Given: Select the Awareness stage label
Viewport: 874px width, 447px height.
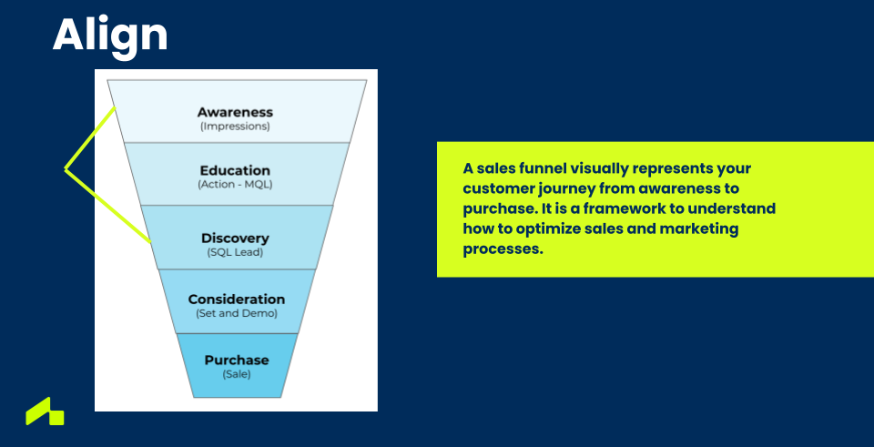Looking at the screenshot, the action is coord(235,113).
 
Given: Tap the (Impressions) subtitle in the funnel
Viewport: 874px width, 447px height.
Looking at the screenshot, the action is coord(235,127).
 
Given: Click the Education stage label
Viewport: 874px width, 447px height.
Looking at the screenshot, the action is coord(235,170).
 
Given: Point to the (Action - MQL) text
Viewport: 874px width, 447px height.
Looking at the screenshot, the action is coord(235,185).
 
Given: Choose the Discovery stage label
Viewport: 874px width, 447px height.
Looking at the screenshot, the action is coord(235,238).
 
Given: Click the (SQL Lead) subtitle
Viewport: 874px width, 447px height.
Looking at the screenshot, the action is coord(235,252).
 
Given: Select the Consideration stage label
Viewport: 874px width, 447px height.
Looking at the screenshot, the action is coord(237,300).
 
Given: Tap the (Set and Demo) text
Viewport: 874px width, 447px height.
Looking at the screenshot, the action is coord(237,313).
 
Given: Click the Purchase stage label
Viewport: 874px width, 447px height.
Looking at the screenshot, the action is coord(237,360).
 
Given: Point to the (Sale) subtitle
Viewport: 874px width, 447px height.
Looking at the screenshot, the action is coord(237,374).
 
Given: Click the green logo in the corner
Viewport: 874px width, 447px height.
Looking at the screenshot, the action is coord(46,411).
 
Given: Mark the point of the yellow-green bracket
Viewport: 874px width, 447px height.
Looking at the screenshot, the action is coord(66,169).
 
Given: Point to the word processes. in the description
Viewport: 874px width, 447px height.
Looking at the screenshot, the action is coord(503,249).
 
